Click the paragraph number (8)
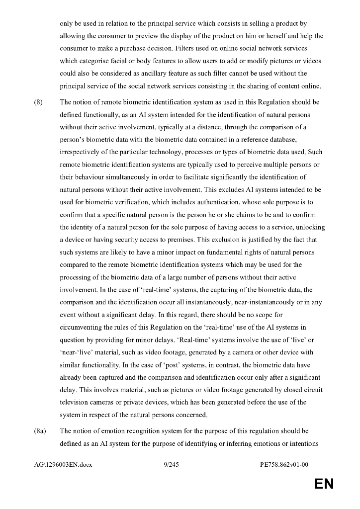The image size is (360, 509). point(38,102)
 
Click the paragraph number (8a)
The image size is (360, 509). point(40,431)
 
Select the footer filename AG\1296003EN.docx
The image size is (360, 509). point(63,465)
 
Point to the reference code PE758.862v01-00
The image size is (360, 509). point(284,465)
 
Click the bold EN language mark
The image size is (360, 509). point(324,484)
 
